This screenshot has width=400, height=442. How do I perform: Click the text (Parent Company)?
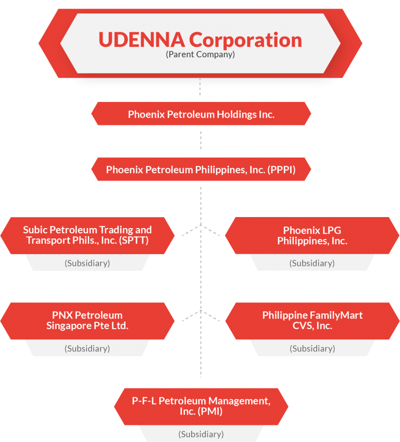(x=200, y=54)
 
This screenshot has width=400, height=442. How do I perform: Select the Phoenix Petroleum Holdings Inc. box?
(x=201, y=114)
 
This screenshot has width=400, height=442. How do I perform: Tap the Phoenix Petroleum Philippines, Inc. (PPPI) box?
(x=201, y=169)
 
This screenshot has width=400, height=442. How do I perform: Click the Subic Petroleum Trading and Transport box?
(x=87, y=235)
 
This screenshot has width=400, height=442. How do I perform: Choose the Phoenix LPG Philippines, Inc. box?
(x=312, y=235)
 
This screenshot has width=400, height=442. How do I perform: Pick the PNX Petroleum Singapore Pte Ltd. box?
(x=87, y=321)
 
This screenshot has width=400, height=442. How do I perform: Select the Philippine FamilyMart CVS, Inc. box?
(x=312, y=321)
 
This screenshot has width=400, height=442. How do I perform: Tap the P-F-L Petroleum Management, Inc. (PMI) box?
(x=201, y=406)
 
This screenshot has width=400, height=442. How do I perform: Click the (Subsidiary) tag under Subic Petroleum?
(x=87, y=263)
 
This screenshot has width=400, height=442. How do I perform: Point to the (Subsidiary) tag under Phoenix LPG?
(x=312, y=263)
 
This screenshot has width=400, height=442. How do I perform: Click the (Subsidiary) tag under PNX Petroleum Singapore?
(x=87, y=349)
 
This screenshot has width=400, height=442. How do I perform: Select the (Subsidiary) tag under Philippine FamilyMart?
(x=312, y=349)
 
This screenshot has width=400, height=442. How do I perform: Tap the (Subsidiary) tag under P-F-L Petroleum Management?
(x=201, y=434)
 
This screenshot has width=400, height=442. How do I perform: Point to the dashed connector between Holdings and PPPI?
(x=201, y=141)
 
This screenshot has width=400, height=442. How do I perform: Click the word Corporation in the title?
(x=245, y=40)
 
